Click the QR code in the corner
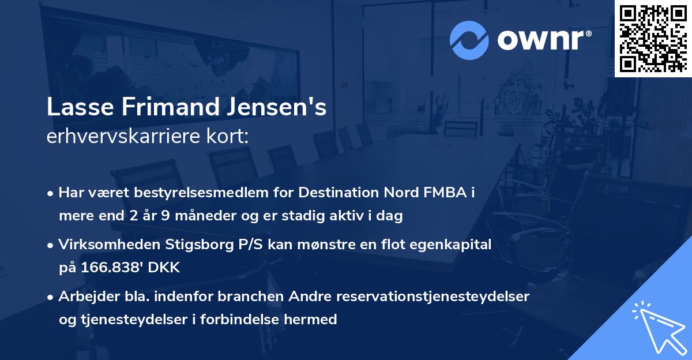653,39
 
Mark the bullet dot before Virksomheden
51,245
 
